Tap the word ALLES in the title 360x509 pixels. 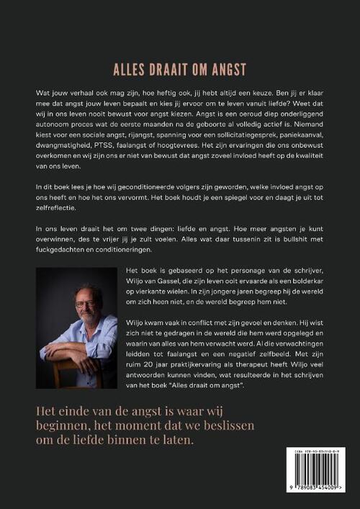pyautogui.click(x=130, y=70)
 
